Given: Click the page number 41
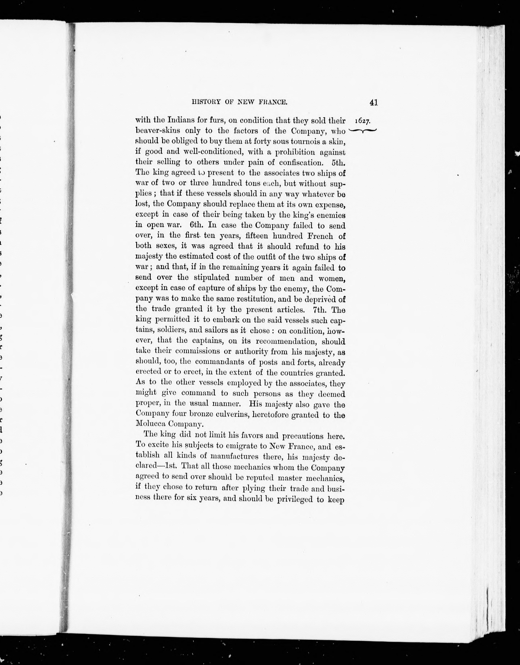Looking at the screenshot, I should point(374,103).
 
